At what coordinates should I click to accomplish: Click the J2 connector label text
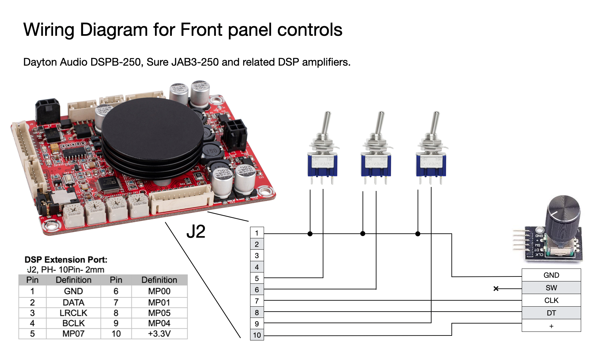coord(196,232)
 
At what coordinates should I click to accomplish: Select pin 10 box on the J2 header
coord(257,335)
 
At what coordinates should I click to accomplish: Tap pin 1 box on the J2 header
coord(257,233)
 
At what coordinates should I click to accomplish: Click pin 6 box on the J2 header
coord(257,290)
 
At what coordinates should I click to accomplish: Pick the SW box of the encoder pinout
coord(551,288)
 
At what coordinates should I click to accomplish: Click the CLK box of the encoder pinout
coord(551,300)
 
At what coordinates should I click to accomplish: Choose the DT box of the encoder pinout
coord(551,313)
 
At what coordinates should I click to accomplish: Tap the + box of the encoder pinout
coord(551,326)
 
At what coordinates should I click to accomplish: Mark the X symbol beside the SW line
coord(496,289)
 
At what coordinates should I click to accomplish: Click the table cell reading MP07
coord(73,333)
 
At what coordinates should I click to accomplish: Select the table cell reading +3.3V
coord(159,333)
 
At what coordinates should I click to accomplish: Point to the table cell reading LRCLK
coord(73,313)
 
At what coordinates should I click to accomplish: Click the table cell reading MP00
coord(159,291)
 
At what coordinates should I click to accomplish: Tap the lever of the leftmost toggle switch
coord(327,123)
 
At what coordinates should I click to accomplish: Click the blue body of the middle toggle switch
coord(376,165)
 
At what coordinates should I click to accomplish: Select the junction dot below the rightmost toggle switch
coord(418,234)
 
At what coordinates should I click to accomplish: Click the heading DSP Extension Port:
coord(66,260)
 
